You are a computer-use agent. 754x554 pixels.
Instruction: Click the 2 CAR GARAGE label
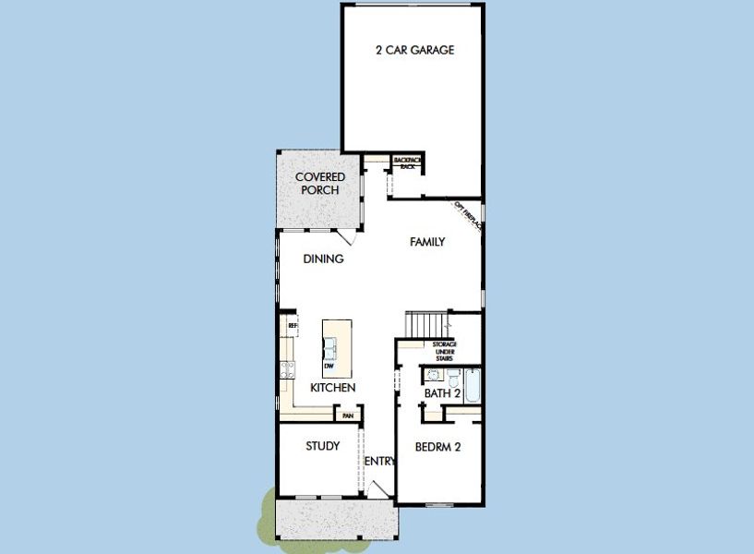point(414,51)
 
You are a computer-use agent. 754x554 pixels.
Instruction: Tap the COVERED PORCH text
point(320,183)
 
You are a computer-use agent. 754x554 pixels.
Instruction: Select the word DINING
point(323,259)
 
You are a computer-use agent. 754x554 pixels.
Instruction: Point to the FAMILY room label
point(427,243)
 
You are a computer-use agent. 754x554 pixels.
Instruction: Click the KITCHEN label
point(332,388)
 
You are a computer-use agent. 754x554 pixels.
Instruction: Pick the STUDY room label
point(322,446)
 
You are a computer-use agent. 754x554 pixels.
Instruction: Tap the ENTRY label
point(379,462)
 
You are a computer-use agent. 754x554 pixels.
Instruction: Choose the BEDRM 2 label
point(437,447)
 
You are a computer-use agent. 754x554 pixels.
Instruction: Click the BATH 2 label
point(442,393)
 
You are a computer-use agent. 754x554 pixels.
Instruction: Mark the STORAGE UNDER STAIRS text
point(445,351)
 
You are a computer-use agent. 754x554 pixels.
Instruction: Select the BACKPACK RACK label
point(407,163)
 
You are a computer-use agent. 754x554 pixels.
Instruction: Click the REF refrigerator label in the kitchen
point(292,326)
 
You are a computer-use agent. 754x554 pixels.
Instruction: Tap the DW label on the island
point(328,366)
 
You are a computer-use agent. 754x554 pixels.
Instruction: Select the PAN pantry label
point(347,416)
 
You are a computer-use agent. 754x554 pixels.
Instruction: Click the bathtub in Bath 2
point(473,386)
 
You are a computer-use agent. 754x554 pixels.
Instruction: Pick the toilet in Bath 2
point(455,378)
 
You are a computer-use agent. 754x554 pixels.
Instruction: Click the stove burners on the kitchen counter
point(286,370)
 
